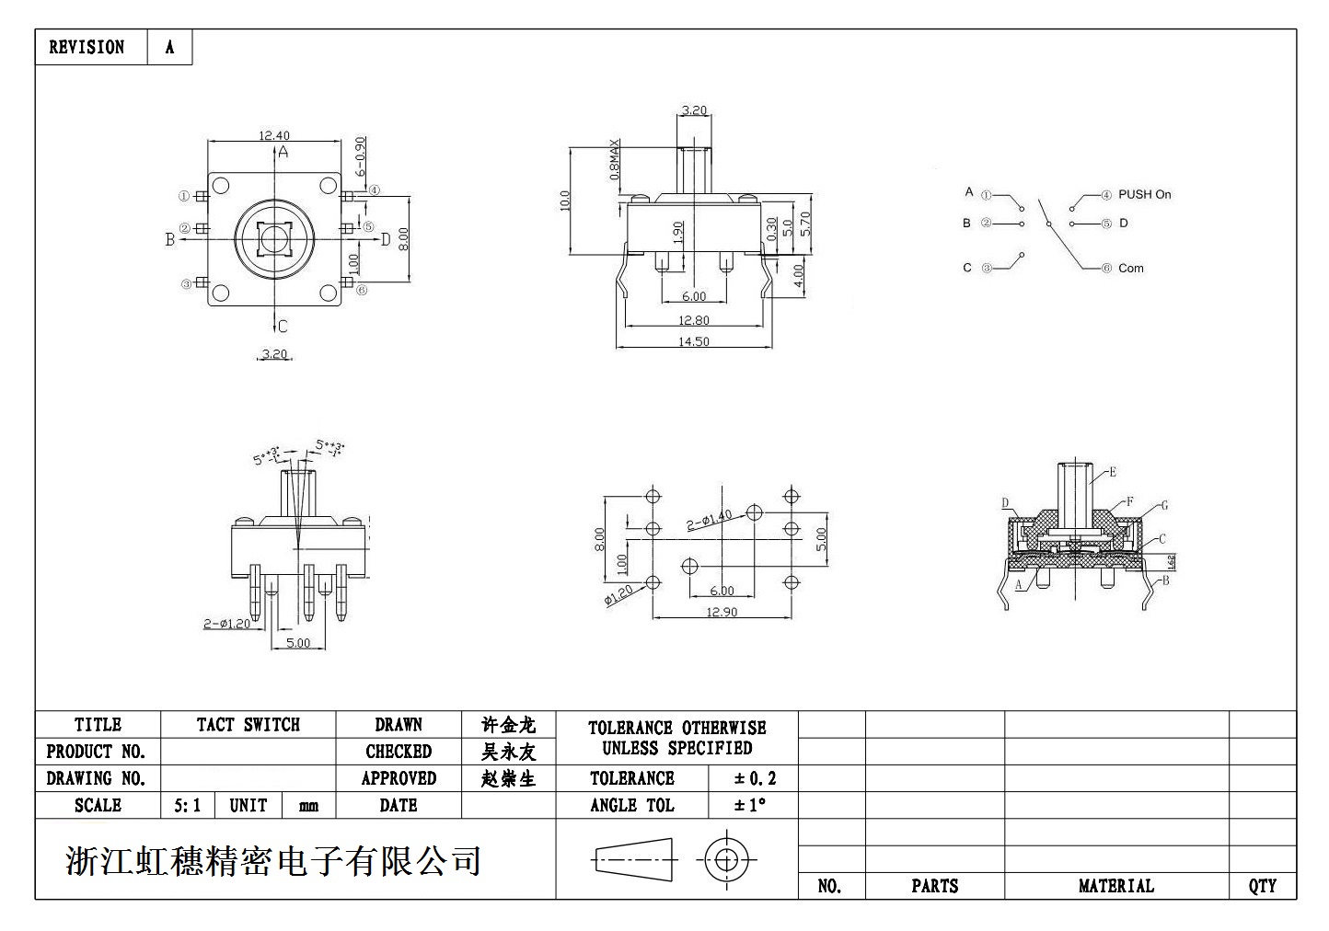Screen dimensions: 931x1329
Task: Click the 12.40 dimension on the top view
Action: point(273,135)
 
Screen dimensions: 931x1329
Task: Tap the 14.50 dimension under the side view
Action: point(694,340)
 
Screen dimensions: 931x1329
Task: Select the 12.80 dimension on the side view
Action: point(694,320)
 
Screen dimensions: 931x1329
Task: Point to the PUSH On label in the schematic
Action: point(1144,194)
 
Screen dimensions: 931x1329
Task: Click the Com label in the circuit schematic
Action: point(1130,269)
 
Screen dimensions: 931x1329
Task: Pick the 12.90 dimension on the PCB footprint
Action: point(721,612)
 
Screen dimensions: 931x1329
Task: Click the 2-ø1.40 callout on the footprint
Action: point(709,521)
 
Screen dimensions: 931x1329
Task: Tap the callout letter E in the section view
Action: point(1112,472)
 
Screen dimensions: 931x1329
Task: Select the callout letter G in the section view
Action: point(1164,505)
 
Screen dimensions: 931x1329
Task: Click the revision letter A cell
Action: point(169,47)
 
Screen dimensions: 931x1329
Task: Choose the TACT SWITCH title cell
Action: point(248,725)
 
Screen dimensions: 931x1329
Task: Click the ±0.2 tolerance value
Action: point(755,778)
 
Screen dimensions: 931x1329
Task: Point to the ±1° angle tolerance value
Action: point(750,805)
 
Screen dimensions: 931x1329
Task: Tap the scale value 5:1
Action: point(187,806)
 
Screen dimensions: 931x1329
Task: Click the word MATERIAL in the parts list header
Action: point(1115,886)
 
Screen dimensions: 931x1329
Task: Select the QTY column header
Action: point(1262,886)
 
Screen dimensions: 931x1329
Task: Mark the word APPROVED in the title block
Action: point(398,778)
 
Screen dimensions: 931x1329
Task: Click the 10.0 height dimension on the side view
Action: point(565,201)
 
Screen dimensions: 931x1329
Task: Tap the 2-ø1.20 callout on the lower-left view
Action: point(226,624)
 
